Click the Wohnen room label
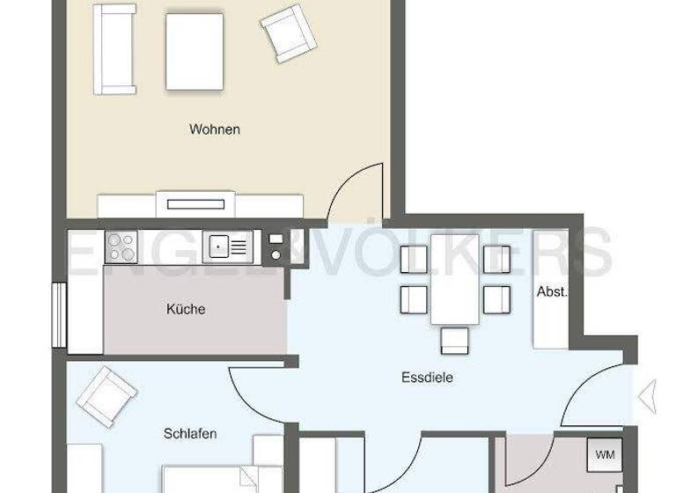[215, 129]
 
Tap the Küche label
[186, 309]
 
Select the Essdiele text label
[426, 379]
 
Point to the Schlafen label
[190, 434]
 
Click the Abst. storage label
[552, 291]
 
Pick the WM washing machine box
[605, 455]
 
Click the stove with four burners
[121, 246]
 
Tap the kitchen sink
[228, 246]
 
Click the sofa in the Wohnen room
[115, 49]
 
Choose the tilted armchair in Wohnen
[287, 33]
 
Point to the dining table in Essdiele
[454, 280]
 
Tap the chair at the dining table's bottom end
[454, 340]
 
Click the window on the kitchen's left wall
[58, 315]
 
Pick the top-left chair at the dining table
[414, 259]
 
